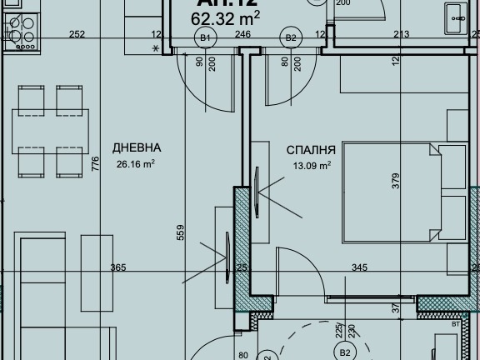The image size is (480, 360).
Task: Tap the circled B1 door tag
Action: click(x=204, y=38)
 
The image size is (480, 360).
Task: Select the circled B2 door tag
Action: click(x=291, y=38)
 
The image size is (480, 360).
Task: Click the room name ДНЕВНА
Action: click(x=137, y=148)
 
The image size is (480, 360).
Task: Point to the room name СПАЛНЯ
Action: click(x=311, y=151)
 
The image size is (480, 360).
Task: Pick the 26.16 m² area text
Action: click(x=136, y=164)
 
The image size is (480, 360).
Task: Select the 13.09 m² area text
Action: click(x=311, y=166)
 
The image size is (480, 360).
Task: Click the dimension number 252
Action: click(x=77, y=34)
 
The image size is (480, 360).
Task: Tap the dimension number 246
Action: click(x=242, y=34)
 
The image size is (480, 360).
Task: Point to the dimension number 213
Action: click(x=401, y=34)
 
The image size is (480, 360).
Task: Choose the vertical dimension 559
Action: click(x=181, y=234)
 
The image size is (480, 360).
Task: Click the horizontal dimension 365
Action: click(x=118, y=267)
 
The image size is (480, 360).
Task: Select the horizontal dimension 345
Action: click(x=359, y=267)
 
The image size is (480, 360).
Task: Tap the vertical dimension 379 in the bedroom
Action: click(x=397, y=181)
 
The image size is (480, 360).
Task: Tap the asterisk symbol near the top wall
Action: click(x=156, y=49)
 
